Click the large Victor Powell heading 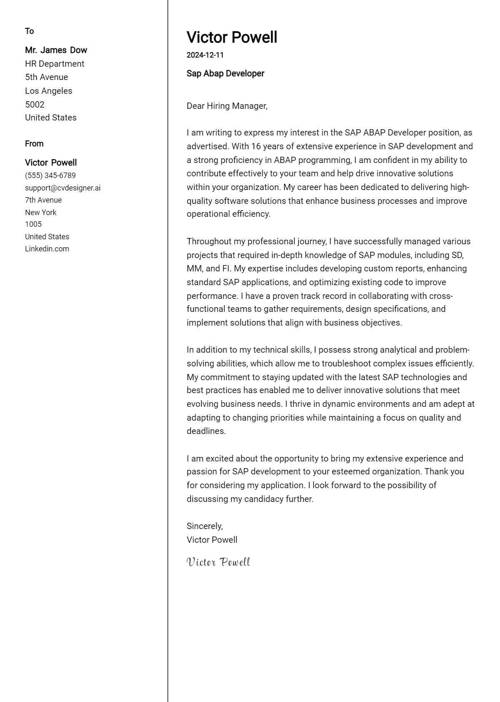tap(232, 38)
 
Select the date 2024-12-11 tap(205, 55)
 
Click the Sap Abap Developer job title tap(225, 73)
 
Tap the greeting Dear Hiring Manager tap(227, 106)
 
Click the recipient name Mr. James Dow tap(56, 50)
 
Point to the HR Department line tap(55, 64)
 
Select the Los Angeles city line tap(48, 91)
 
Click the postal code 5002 tap(35, 105)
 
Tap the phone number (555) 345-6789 tap(50, 175)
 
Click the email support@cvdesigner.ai tap(62, 188)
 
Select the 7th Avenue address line tap(43, 200)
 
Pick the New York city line tap(40, 213)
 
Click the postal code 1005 tap(33, 224)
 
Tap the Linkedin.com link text tap(47, 249)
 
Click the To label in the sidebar tap(29, 31)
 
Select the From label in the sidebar tap(34, 144)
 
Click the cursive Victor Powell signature tap(218, 562)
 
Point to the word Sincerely tap(205, 526)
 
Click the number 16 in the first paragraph tap(256, 146)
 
